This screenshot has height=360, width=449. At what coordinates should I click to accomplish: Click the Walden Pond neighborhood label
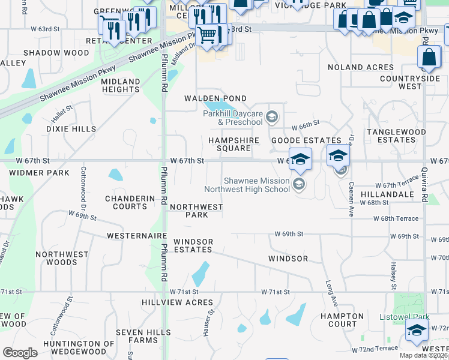[x=215, y=98]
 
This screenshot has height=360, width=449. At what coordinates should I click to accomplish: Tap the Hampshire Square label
[x=234, y=144]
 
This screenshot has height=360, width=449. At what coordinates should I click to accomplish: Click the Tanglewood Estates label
[x=396, y=136]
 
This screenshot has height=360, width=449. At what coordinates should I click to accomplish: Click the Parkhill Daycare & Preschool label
[x=232, y=118]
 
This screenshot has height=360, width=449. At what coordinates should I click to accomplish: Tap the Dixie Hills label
[x=71, y=129]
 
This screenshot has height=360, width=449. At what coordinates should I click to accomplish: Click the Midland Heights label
[x=121, y=85]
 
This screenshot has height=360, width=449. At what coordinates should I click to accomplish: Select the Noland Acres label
[x=361, y=67]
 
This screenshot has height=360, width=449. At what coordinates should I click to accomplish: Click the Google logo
[x=20, y=353]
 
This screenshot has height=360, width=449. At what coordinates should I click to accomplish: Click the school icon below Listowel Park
[x=417, y=330]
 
